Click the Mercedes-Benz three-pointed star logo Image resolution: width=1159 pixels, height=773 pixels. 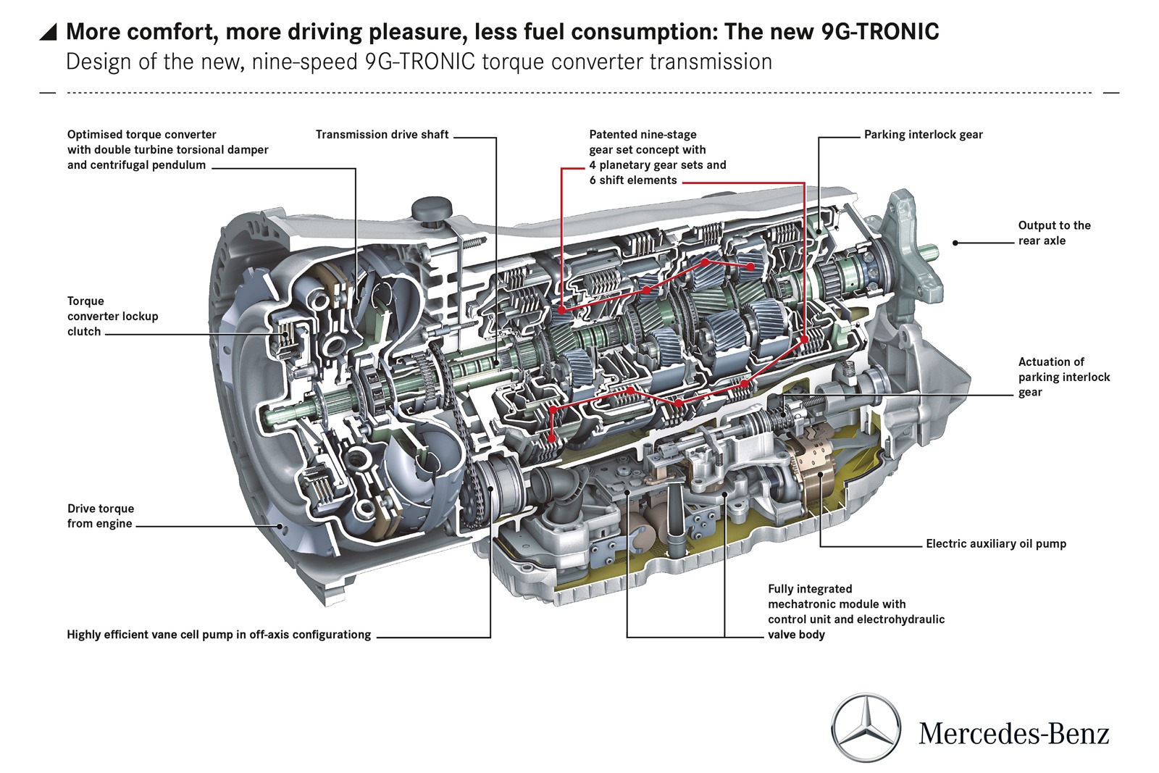(x=866, y=728)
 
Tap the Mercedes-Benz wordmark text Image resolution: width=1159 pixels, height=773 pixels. (x=1013, y=733)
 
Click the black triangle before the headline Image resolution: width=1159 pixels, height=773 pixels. (x=48, y=32)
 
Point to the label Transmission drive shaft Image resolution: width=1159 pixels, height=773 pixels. (x=382, y=135)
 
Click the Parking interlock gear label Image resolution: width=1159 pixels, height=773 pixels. (x=923, y=135)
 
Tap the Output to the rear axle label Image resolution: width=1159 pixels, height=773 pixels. (x=1053, y=233)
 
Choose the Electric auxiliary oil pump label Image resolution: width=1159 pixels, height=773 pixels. (x=995, y=543)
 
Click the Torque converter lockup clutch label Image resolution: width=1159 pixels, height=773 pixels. (x=112, y=316)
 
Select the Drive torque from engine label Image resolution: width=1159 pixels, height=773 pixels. (x=100, y=516)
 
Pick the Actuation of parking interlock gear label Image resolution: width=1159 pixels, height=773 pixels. (x=1063, y=377)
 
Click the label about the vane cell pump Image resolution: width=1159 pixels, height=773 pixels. (x=218, y=635)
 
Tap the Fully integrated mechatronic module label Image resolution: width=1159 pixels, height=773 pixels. (x=855, y=611)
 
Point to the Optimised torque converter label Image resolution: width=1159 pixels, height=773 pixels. (x=167, y=150)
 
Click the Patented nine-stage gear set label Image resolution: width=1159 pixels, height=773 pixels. (x=657, y=157)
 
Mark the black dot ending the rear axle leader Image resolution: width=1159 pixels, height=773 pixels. (x=955, y=243)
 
